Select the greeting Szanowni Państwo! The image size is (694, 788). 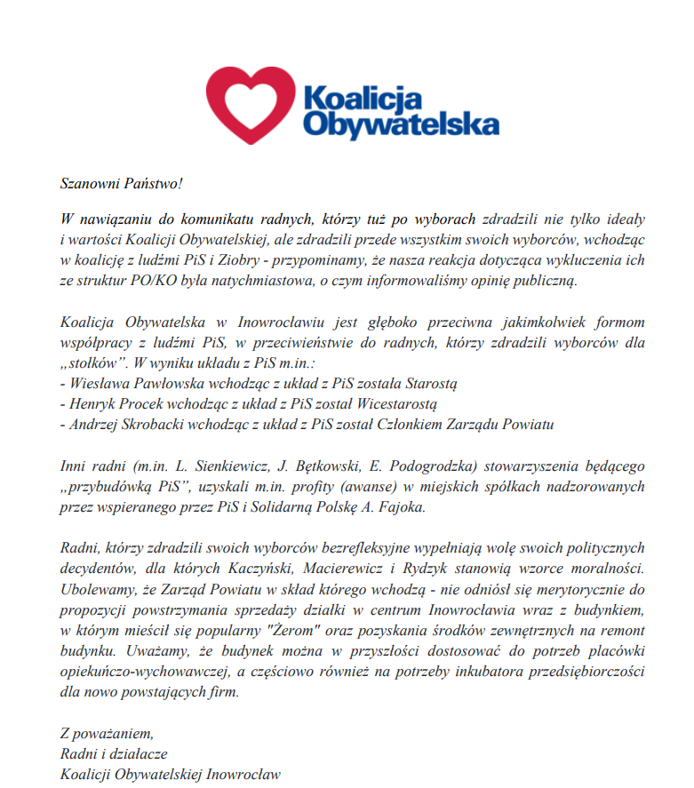tap(121, 184)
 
